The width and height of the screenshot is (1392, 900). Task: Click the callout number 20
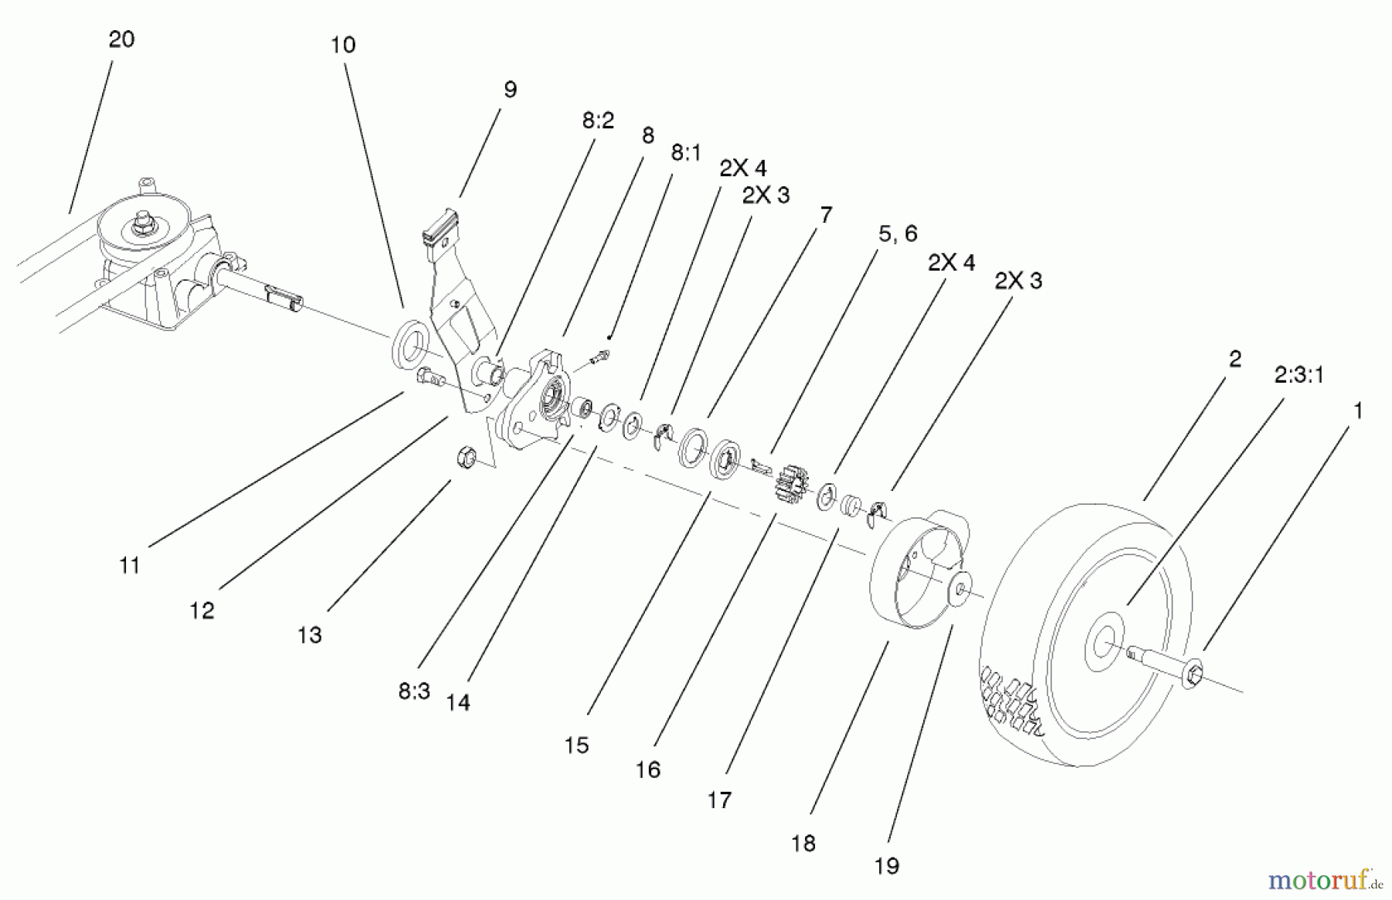click(x=121, y=39)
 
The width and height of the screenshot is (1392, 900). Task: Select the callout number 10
click(x=343, y=45)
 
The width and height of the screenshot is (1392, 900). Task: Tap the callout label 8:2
click(x=598, y=121)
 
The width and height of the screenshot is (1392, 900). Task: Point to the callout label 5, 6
click(x=897, y=233)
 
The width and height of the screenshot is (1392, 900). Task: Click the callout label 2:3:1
click(x=1298, y=375)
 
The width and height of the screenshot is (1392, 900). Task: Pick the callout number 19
click(x=886, y=866)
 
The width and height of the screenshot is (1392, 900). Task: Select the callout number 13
click(x=309, y=635)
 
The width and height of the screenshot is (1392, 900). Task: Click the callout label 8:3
click(x=414, y=691)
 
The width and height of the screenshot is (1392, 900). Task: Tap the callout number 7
click(x=825, y=215)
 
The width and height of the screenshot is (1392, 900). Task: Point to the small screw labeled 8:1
click(x=601, y=356)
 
